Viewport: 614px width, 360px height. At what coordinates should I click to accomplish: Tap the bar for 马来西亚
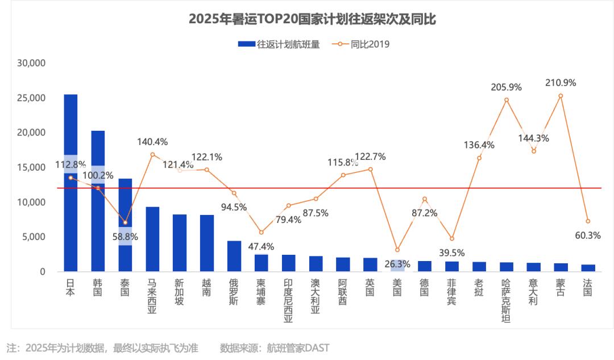(152, 239)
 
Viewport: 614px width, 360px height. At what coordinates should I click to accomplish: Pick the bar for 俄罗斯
(234, 256)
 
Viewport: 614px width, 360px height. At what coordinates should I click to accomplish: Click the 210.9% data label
(561, 82)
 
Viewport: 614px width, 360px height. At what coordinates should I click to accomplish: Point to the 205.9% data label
(507, 87)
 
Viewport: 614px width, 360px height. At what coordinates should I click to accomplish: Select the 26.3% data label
(397, 263)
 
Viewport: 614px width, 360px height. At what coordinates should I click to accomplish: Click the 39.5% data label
(452, 252)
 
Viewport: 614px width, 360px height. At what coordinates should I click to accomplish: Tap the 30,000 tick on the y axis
(32, 63)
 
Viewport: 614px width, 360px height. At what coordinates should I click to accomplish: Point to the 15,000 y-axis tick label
(32, 168)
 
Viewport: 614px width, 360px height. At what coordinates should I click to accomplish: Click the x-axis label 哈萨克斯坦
(507, 300)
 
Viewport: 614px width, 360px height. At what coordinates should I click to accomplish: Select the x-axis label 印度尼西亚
(288, 300)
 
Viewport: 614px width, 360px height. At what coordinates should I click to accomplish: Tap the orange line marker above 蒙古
(561, 96)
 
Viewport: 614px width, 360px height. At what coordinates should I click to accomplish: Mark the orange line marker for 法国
(588, 221)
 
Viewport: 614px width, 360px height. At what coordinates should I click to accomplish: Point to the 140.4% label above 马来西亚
(152, 142)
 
